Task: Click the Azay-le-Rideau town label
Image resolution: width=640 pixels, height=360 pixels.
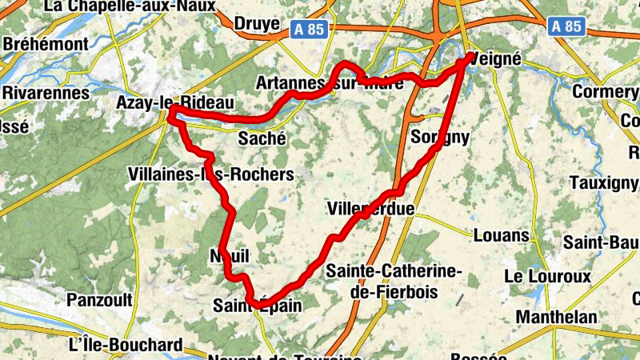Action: click(x=174, y=102)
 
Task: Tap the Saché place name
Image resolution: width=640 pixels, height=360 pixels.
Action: click(x=262, y=138)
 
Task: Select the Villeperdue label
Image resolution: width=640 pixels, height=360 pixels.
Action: click(x=370, y=209)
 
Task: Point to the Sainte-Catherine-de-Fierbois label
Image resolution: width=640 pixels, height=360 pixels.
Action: click(x=394, y=282)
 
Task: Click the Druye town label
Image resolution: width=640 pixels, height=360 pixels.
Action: click(x=257, y=24)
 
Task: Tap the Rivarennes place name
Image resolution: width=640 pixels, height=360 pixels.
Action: click(x=45, y=93)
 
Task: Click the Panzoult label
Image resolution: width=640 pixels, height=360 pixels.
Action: click(x=98, y=300)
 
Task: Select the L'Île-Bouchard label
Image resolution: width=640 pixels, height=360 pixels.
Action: click(x=126, y=346)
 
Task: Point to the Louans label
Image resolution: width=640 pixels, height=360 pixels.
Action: click(x=501, y=235)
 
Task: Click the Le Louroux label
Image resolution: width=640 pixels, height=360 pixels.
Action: click(x=547, y=276)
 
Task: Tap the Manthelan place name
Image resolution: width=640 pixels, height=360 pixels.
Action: click(x=556, y=317)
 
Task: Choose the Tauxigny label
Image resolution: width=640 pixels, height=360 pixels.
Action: click(x=603, y=182)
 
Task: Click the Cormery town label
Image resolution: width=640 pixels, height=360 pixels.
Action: click(x=604, y=92)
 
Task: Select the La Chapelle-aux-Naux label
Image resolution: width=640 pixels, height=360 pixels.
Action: click(x=130, y=6)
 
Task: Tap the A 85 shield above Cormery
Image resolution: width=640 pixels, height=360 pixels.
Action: click(x=566, y=26)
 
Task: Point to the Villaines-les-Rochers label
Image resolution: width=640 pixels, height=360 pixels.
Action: click(x=210, y=174)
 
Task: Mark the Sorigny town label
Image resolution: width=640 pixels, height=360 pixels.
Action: click(x=439, y=137)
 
